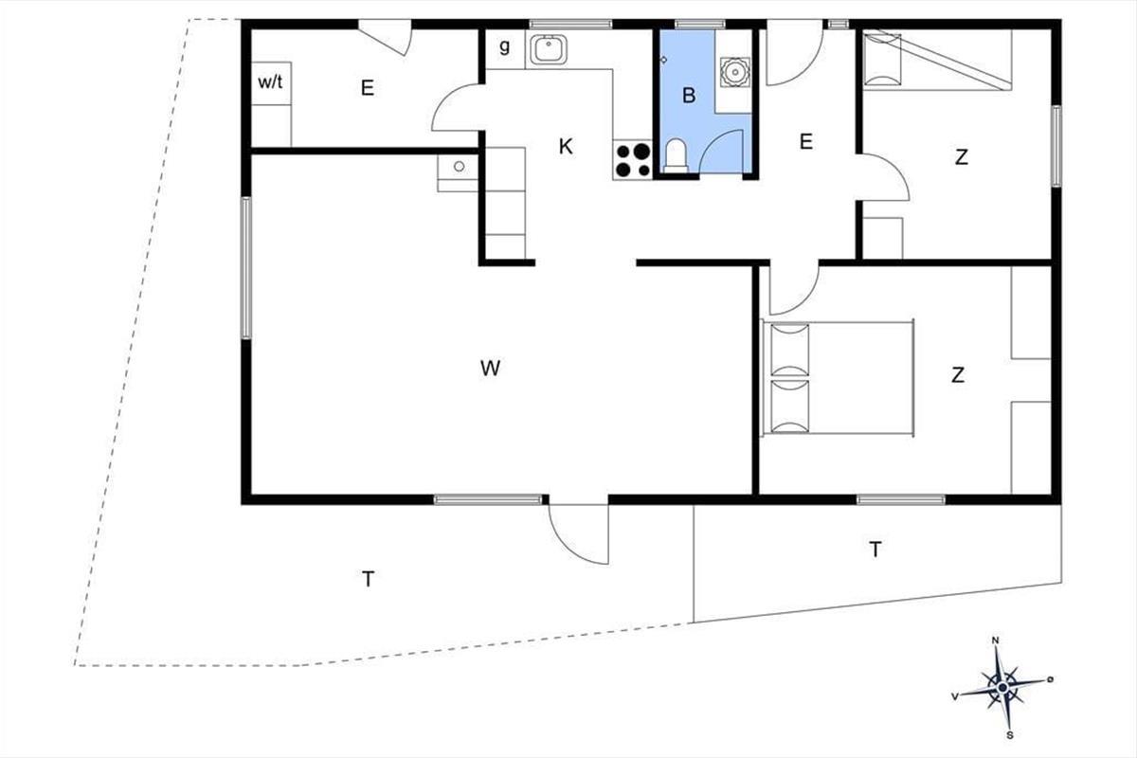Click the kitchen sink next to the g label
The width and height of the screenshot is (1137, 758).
(x=549, y=49)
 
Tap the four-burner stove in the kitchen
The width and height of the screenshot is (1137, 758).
(x=633, y=160)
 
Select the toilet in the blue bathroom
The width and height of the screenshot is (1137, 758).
(x=676, y=155)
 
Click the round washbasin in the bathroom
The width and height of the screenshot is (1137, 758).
(x=734, y=72)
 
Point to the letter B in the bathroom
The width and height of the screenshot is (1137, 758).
(x=689, y=96)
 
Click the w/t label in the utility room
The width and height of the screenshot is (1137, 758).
(x=270, y=82)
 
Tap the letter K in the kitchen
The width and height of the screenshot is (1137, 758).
(x=566, y=147)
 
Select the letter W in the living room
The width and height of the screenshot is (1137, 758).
(x=491, y=368)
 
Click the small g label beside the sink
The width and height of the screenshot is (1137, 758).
(x=504, y=46)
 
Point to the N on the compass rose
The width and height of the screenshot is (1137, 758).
(x=996, y=641)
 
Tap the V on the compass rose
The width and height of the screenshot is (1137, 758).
(x=955, y=696)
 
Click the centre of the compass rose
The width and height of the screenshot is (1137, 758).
(x=1002, y=688)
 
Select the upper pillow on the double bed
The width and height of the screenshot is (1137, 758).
(x=790, y=351)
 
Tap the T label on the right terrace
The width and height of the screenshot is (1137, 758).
(x=875, y=550)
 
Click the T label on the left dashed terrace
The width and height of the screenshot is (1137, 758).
(x=368, y=579)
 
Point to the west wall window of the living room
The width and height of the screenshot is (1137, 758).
(x=246, y=268)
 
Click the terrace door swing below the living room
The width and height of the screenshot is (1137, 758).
(x=579, y=534)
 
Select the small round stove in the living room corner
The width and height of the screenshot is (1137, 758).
(x=459, y=166)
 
